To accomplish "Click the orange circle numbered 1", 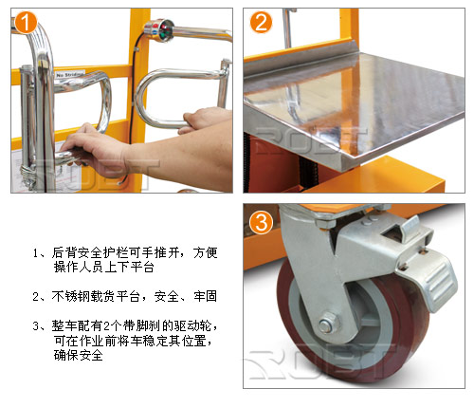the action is (26, 22).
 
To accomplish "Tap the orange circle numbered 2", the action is (261, 22).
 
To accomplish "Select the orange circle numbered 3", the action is (261, 222).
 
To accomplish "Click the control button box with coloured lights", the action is (160, 30).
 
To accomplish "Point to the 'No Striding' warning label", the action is (70, 74).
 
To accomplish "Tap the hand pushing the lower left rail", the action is (95, 150).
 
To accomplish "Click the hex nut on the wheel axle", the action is (328, 324).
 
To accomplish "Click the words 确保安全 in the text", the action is (78, 355).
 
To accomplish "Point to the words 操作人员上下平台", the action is (103, 267).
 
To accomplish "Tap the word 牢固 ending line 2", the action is (206, 296).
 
